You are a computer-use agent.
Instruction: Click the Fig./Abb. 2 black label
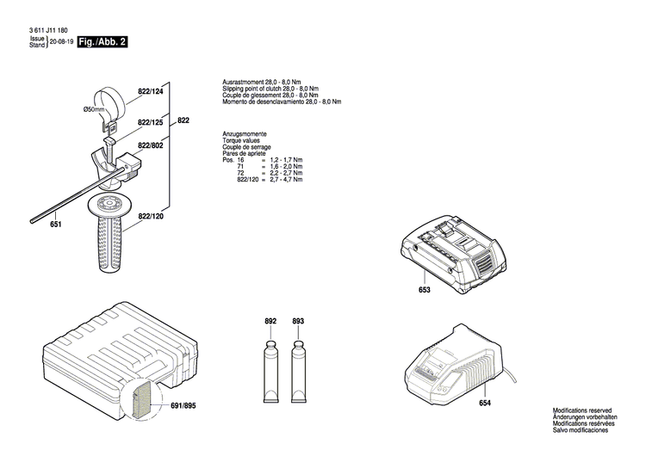tap(102, 41)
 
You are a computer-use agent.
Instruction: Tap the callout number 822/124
tap(150, 91)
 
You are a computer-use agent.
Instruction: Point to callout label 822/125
tap(150, 122)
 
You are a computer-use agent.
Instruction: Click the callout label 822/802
tap(150, 145)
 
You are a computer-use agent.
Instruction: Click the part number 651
tap(55, 225)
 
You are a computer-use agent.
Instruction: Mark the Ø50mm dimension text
tap(94, 109)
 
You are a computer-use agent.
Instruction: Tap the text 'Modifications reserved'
tap(582, 411)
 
